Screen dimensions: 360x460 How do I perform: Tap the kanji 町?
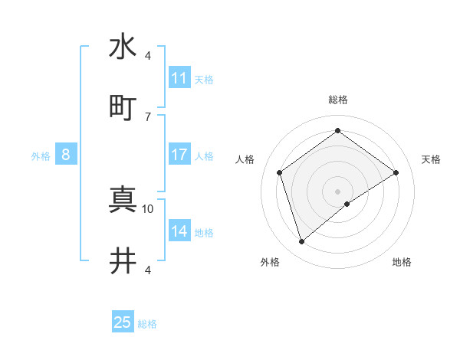pyautogui.click(x=123, y=107)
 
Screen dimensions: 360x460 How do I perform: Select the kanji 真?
pyautogui.click(x=123, y=200)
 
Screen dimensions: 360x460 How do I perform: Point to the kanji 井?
pyautogui.click(x=123, y=261)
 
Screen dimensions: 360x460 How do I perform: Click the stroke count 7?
pyautogui.click(x=148, y=116)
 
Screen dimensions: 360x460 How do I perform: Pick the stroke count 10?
pyautogui.click(x=148, y=208)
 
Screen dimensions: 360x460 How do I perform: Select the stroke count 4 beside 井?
pyautogui.click(x=148, y=270)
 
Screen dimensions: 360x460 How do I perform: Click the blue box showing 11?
pyautogui.click(x=179, y=78)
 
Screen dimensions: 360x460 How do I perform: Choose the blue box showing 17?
pyautogui.click(x=179, y=155)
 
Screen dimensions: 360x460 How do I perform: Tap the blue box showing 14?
pyautogui.click(x=179, y=231)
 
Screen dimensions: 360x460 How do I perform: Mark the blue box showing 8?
pyautogui.click(x=66, y=155)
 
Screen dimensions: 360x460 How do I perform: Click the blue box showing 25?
pyautogui.click(x=123, y=322)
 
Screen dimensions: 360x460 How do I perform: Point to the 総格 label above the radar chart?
pyautogui.click(x=338, y=100)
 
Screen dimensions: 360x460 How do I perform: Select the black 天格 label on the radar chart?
pyautogui.click(x=431, y=159)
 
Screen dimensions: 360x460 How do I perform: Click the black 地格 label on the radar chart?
pyautogui.click(x=402, y=262)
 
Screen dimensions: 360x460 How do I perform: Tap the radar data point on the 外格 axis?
pyautogui.click(x=302, y=242)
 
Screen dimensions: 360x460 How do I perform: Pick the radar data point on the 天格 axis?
pyautogui.click(x=396, y=172)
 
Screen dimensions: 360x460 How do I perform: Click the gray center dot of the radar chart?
pyautogui.click(x=338, y=191)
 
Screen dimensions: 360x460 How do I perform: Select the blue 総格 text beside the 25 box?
pyautogui.click(x=147, y=324)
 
